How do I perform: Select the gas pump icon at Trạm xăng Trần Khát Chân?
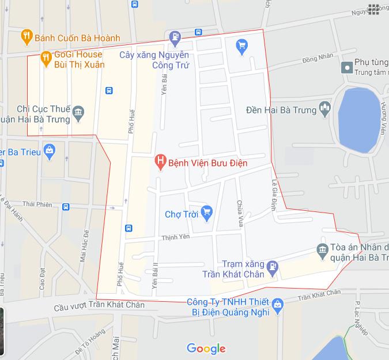coord(273,267)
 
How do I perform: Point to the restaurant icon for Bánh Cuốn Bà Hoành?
coord(26,37)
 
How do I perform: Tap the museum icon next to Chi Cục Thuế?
coord(79,112)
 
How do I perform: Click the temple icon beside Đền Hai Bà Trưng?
coord(325,108)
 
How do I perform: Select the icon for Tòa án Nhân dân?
coord(322,249)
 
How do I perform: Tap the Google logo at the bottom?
coord(206,348)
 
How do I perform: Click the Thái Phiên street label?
coord(37,204)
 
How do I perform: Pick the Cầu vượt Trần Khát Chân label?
coord(100,305)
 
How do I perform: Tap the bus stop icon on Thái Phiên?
coord(66,206)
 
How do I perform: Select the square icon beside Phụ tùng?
coord(347,67)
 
